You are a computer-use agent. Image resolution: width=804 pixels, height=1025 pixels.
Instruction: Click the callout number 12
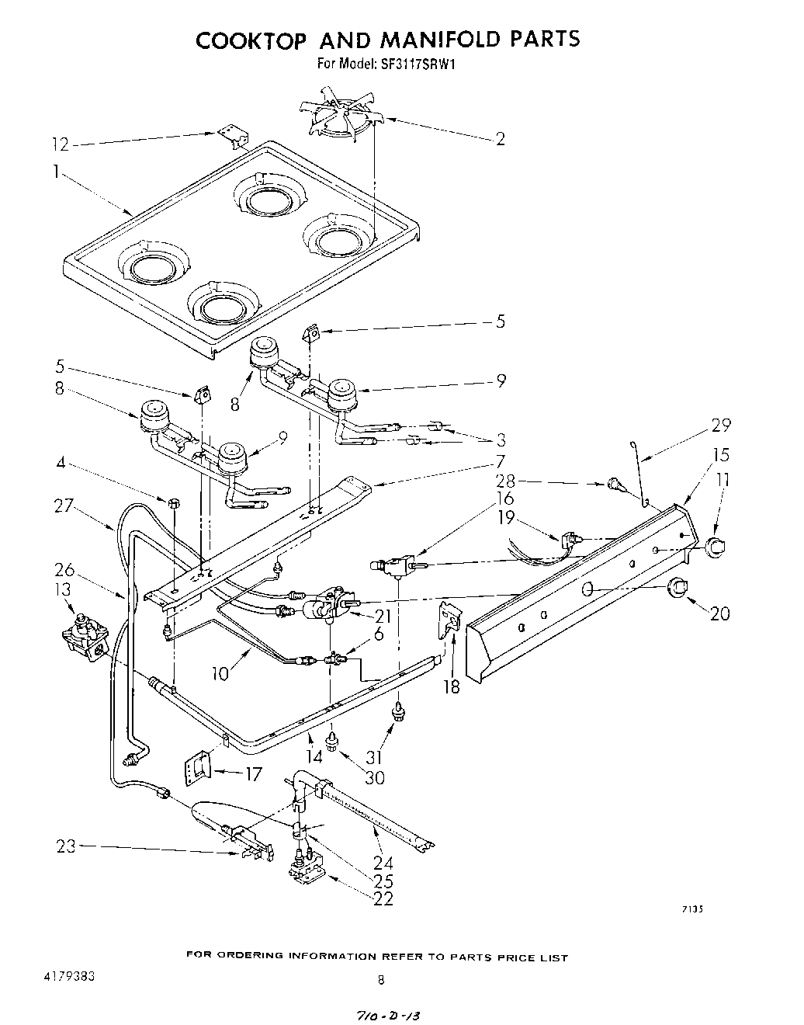(x=60, y=144)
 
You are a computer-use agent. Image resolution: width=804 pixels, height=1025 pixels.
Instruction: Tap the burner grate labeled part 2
(x=345, y=118)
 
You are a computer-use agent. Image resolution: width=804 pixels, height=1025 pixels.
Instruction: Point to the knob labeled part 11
(x=715, y=547)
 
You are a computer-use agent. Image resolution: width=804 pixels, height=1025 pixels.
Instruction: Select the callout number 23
(x=67, y=846)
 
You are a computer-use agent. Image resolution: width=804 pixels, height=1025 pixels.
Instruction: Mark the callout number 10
(x=220, y=674)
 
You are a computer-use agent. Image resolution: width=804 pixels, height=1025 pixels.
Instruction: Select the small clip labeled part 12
(x=232, y=137)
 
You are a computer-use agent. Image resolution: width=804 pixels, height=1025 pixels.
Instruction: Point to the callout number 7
(x=501, y=460)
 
